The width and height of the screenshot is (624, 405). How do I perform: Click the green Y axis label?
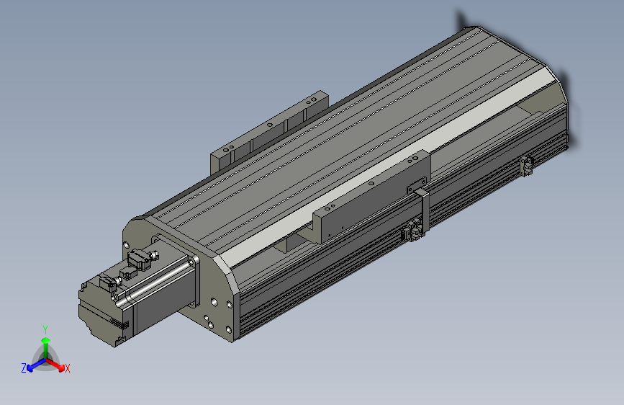point(45,328)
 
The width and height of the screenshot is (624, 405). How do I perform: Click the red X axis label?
point(68,368)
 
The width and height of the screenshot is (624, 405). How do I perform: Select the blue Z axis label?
point(24,368)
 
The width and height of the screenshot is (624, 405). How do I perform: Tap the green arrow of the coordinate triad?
point(45,342)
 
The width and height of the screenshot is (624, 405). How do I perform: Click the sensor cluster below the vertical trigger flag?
point(414,231)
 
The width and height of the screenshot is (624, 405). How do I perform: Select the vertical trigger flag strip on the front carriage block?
point(423,213)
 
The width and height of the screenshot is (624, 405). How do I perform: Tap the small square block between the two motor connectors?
point(127,272)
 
